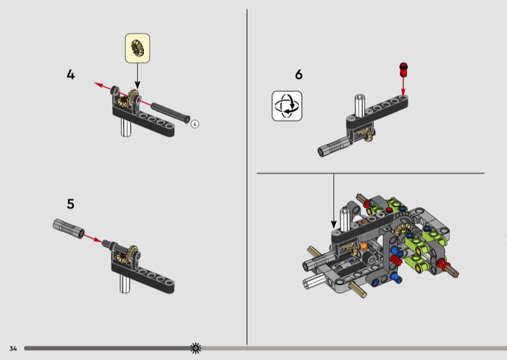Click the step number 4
click(70, 75)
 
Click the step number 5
click(70, 204)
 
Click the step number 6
click(298, 75)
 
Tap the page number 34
click(13, 349)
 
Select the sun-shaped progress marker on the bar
click(196, 348)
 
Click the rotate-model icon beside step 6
click(287, 106)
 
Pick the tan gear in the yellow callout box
click(138, 48)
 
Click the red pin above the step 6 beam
click(403, 70)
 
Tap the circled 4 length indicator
click(195, 124)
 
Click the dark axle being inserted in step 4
click(170, 113)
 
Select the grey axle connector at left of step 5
click(68, 229)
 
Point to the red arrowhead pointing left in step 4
click(98, 85)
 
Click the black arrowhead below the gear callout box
click(138, 85)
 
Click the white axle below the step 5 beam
click(125, 284)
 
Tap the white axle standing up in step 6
click(359, 105)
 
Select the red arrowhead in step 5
click(96, 240)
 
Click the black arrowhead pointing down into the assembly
click(334, 224)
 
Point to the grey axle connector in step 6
click(333, 146)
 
